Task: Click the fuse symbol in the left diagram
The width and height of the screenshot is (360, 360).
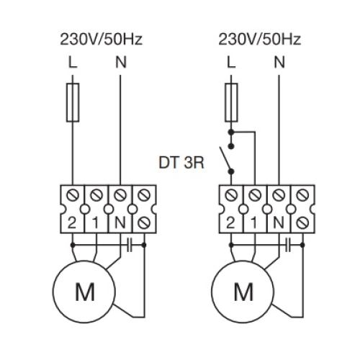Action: tap(73, 103)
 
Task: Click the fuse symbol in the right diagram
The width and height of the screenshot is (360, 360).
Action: tap(231, 103)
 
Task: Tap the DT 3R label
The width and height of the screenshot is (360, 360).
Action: tap(181, 163)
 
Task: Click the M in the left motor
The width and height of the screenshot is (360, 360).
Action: tap(85, 292)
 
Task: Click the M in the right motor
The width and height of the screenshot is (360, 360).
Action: tap(243, 292)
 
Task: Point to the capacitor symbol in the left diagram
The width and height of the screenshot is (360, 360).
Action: tap(130, 245)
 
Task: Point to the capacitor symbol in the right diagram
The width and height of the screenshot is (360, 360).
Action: tap(288, 245)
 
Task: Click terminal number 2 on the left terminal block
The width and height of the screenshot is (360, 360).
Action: tap(71, 223)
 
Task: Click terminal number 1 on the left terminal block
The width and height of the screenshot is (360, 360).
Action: tap(96, 223)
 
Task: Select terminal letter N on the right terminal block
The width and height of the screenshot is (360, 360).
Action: tap(279, 223)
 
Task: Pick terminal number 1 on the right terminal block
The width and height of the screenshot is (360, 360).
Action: tap(254, 223)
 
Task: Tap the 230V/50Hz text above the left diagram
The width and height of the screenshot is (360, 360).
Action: tap(102, 40)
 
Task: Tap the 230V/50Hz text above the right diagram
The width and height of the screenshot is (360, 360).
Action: tap(260, 40)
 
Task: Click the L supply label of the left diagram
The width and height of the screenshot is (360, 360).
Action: tap(73, 63)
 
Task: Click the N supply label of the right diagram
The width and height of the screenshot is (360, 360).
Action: tap(279, 63)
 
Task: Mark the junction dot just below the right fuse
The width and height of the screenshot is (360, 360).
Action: tap(231, 132)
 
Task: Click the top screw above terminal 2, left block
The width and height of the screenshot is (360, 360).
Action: tap(72, 195)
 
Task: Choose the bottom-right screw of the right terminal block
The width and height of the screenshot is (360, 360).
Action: tap(302, 222)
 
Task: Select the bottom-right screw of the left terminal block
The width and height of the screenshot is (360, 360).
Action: tap(144, 222)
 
